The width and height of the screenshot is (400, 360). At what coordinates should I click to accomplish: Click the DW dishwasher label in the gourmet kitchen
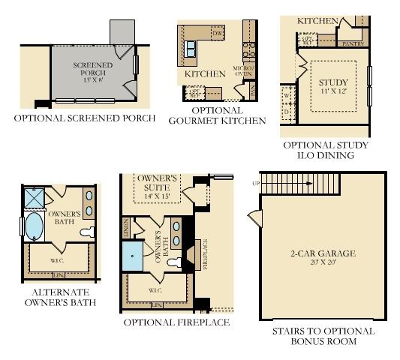[218, 34]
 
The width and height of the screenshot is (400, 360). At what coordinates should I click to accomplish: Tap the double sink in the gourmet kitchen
[191, 50]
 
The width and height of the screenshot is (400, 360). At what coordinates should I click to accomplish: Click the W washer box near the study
[287, 96]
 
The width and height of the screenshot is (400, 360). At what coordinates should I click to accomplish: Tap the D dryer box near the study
[287, 112]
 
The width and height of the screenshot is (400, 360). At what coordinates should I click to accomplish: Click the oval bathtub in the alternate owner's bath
[33, 226]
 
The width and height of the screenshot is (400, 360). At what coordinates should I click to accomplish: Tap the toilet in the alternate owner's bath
[87, 230]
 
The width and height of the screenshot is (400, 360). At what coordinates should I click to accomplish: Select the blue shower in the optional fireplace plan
[132, 256]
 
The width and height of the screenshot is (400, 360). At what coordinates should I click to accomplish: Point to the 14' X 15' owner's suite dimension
[157, 196]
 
